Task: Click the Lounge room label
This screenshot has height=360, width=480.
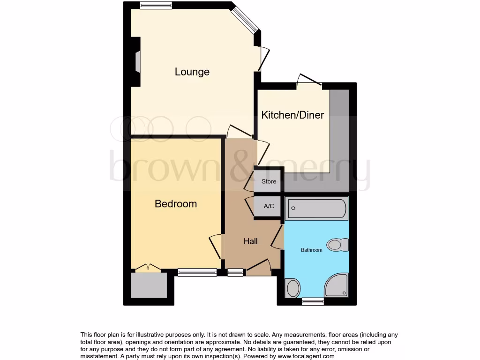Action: point(192,72)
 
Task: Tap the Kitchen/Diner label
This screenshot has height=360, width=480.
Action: point(292,115)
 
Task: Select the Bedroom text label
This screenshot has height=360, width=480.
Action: point(176,204)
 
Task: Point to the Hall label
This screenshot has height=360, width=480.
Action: point(250,242)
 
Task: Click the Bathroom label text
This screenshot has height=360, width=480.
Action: point(312,250)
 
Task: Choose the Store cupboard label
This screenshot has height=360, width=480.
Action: point(269,182)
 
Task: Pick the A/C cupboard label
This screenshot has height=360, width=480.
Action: point(269,206)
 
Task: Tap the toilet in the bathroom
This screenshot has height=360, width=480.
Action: point(338,244)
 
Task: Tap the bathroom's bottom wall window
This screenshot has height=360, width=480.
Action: point(313,301)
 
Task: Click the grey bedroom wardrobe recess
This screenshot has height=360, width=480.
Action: point(149,285)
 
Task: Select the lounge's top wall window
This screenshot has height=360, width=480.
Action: point(156,6)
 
